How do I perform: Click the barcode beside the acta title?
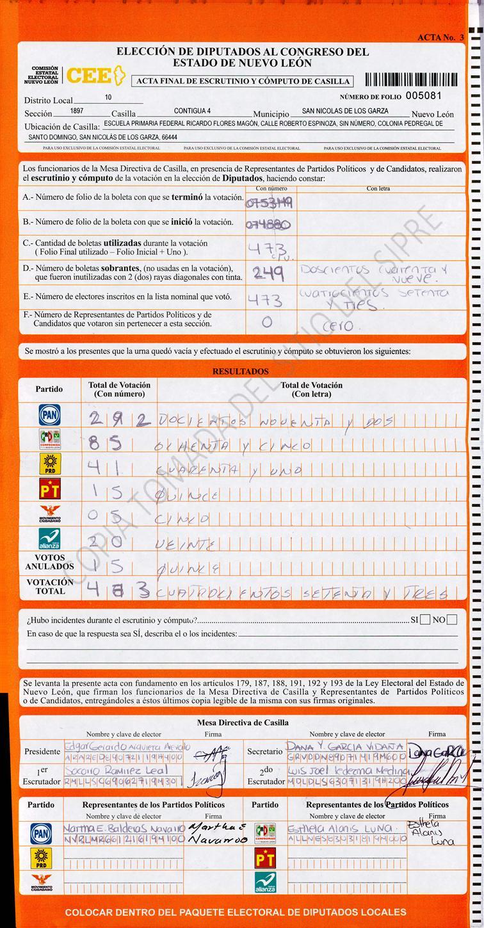412,80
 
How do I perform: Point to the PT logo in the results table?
49,489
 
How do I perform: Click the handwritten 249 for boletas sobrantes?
268,273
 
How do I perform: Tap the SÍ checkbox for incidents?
425,619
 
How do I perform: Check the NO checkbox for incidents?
452,619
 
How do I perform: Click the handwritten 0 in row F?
267,323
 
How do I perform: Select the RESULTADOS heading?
241,371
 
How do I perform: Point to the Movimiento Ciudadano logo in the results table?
49,514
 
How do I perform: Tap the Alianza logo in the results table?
49,539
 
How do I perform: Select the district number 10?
108,97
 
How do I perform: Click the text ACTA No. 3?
440,38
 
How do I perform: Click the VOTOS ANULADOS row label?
49,562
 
